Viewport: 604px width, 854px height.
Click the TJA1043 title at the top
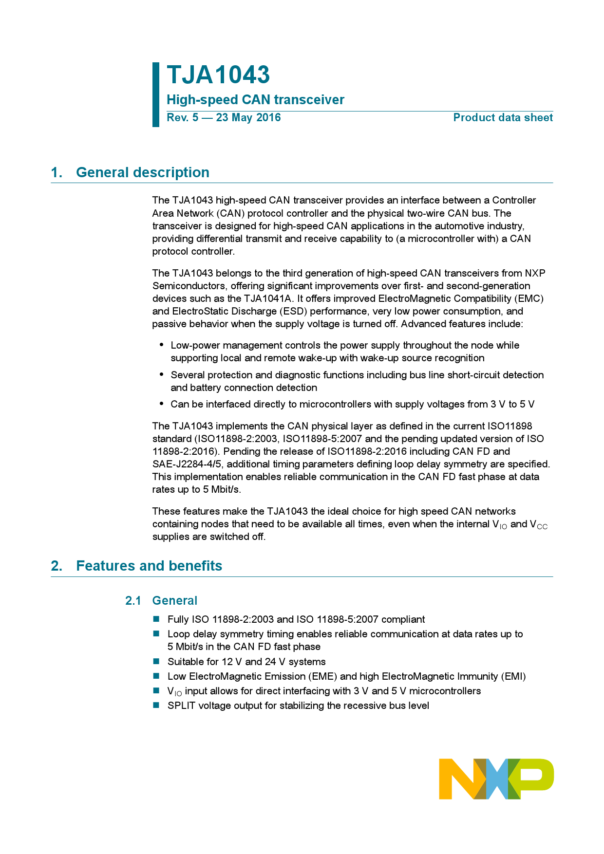coord(218,75)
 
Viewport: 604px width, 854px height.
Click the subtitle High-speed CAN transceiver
coord(255,100)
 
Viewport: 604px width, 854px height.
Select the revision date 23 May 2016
coord(248,118)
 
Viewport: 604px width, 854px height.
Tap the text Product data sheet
coord(503,118)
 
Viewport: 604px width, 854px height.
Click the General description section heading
coord(143,172)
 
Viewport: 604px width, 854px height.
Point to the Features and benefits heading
coord(149,566)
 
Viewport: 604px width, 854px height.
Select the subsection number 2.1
coord(133,601)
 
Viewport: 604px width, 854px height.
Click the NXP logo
coord(496,779)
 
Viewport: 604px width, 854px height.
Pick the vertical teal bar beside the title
coord(156,94)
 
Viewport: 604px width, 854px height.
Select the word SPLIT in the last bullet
coord(181,706)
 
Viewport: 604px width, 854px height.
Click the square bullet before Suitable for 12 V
coord(156,662)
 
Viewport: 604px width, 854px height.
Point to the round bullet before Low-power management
coord(162,345)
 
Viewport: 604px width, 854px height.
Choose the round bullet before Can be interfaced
coord(162,404)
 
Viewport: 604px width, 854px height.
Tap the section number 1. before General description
coord(57,172)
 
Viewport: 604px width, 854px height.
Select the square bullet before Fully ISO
coord(156,619)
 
